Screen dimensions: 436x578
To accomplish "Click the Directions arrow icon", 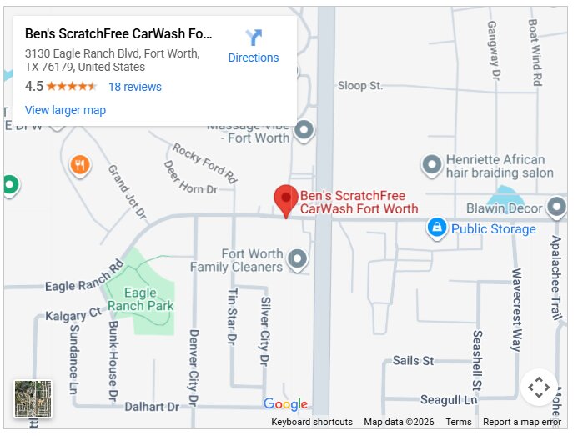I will tap(254, 38).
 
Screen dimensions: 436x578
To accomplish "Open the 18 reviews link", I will tap(134, 87).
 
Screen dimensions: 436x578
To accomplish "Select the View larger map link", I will tap(65, 110).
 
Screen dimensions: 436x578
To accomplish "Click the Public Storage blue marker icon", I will tap(435, 227).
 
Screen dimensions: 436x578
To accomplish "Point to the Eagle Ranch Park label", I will tap(148, 299).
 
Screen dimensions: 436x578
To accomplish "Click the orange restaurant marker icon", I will tap(80, 165).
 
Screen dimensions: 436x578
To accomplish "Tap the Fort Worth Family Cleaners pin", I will tap(298, 260).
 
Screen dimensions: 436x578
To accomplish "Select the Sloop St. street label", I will tap(359, 85).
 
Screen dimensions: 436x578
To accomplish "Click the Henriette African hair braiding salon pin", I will tap(431, 165).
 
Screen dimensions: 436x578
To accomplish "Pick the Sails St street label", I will tap(413, 361).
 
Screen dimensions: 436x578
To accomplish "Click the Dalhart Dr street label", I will tap(152, 407).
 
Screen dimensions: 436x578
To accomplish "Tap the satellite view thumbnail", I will tap(33, 399).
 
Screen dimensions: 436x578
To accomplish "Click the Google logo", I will tap(285, 405).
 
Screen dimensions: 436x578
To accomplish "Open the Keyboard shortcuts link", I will tap(312, 423).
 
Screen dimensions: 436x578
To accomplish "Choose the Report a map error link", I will tap(522, 423).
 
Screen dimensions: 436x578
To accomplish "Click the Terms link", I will tap(459, 423).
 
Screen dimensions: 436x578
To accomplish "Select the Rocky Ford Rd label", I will tap(205, 163).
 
